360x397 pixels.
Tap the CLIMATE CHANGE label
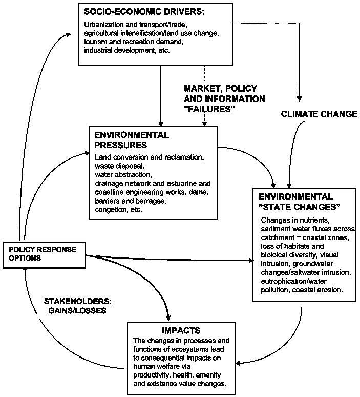tap(319, 114)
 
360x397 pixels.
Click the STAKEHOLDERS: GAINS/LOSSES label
tap(77, 306)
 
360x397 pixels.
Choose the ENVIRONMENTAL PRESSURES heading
tap(132, 140)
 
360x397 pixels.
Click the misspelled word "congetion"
tap(111, 210)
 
